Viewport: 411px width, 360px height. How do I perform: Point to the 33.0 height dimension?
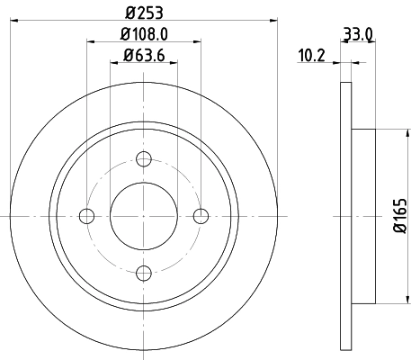point(358,37)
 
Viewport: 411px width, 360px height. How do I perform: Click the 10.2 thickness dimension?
point(311,57)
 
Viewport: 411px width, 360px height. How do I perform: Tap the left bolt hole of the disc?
point(87,215)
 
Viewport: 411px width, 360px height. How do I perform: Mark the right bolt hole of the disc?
point(201,215)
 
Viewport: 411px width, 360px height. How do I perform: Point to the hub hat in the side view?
point(362,215)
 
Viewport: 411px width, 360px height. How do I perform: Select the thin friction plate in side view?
point(345,215)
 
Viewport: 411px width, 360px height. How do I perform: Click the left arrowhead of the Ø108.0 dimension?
point(90,40)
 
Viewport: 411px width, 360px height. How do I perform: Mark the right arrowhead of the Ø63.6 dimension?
point(174,63)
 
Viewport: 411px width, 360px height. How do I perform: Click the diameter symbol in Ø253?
point(129,13)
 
